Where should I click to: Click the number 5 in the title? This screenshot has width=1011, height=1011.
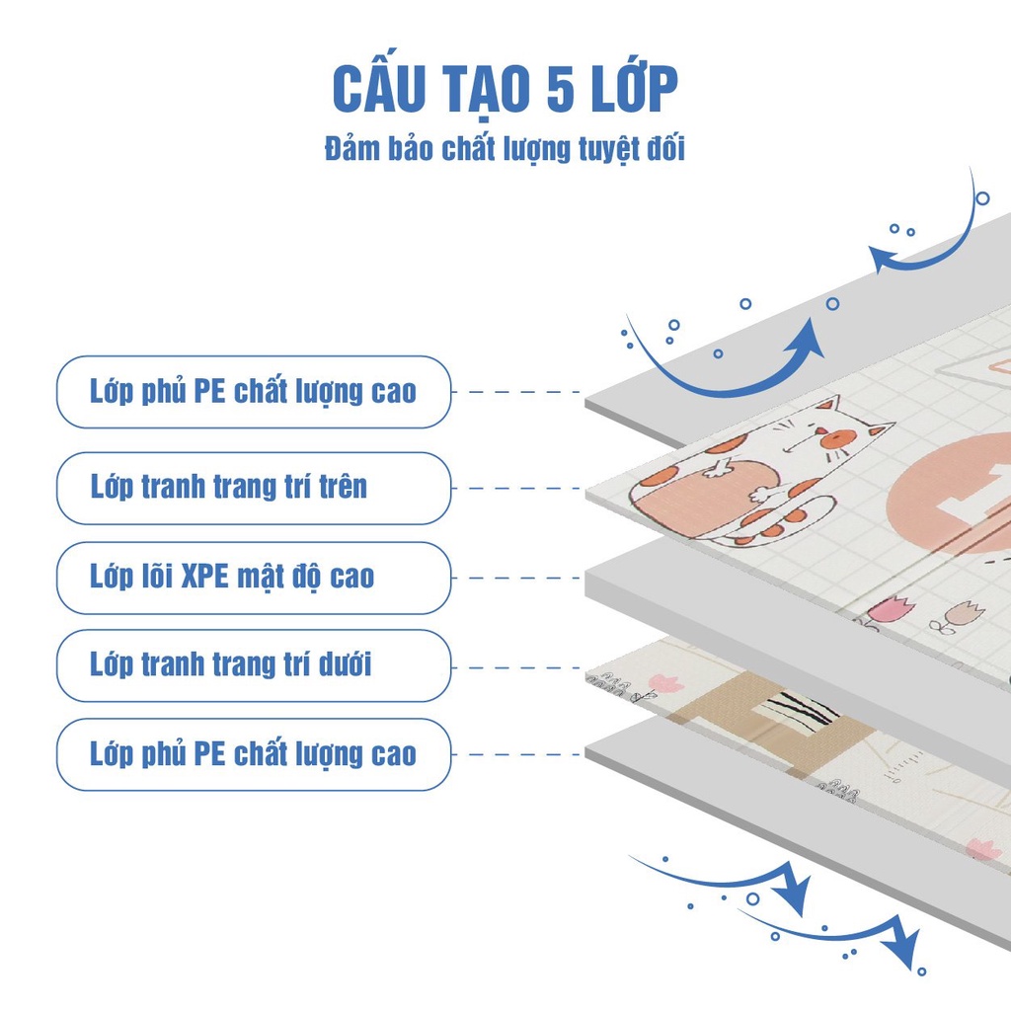tap(561, 88)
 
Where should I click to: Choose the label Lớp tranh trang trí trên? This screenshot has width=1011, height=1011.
tap(229, 487)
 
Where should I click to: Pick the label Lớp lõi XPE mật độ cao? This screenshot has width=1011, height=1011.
tap(232, 576)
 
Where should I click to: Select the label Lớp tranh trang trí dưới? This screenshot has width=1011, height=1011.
tap(231, 664)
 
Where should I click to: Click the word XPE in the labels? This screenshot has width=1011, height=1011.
tap(204, 576)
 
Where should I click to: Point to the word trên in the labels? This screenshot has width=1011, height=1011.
tap(344, 487)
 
